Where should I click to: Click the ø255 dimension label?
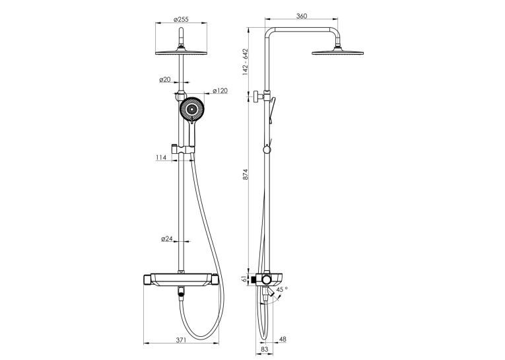pos(181,19)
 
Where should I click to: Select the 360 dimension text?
pos(302,16)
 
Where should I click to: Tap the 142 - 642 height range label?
pos(246,62)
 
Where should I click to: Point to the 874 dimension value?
pos(246,174)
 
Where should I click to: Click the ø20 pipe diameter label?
pos(165,79)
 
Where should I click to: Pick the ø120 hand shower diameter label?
pos(220,91)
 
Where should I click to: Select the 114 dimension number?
pos(161,157)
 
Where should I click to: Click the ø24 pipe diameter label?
pos(167,239)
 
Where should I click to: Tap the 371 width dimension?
pos(182,340)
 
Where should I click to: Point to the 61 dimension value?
pos(245,279)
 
